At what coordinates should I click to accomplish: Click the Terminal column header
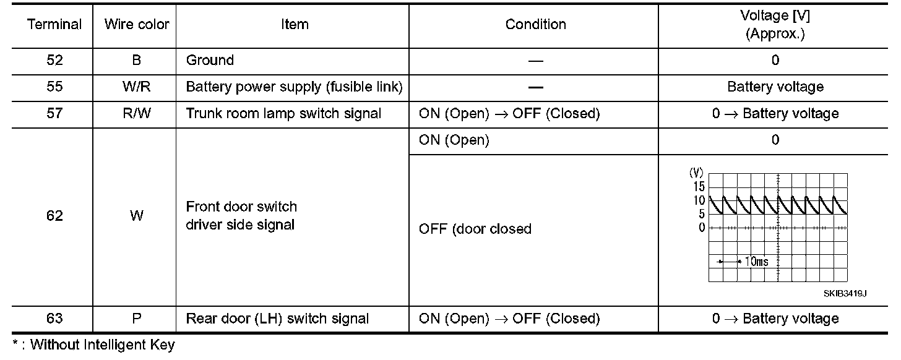54,25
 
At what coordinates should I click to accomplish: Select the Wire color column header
137,25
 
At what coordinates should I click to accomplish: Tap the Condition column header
535,25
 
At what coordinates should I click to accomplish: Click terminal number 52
54,61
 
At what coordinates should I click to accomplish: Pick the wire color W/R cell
137,87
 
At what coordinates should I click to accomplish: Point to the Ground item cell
210,61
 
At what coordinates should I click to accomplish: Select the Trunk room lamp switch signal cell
284,114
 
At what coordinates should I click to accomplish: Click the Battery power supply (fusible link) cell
294,87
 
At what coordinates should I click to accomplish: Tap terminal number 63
54,319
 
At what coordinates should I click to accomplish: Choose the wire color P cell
137,319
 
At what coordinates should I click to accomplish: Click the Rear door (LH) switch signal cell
278,319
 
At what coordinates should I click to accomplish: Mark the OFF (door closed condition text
475,229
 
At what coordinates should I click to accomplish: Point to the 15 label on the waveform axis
699,187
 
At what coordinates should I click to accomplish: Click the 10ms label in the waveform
756,262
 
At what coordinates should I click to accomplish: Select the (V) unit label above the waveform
696,174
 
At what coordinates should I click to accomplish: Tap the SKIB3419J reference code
845,293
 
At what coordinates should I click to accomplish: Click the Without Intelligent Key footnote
93,345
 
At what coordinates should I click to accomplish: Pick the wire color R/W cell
137,114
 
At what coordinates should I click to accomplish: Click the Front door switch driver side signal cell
241,216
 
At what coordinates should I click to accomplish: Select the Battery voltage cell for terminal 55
775,87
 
